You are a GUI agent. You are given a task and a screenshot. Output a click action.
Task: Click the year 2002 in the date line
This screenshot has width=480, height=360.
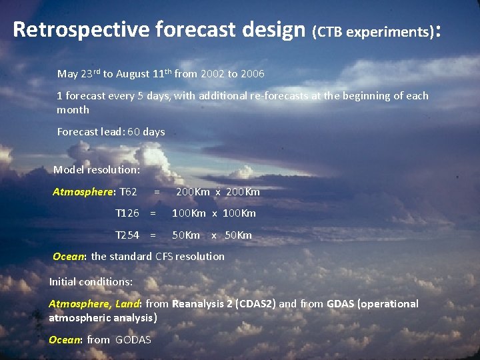211,73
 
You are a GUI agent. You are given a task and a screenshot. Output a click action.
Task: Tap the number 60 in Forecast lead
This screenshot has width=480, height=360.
133,132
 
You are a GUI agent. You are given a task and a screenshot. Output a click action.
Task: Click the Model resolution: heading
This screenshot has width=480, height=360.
96,170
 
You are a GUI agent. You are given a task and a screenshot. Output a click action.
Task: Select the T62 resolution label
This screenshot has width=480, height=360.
128,192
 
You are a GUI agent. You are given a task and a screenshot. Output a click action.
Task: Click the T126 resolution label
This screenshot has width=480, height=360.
127,213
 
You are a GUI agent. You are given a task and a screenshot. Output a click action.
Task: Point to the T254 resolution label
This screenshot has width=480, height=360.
127,235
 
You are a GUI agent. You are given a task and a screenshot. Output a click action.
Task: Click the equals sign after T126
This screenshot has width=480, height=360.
153,213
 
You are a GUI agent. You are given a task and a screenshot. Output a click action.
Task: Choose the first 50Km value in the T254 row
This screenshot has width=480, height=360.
186,235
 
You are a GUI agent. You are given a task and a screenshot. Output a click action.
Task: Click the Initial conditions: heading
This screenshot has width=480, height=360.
91,282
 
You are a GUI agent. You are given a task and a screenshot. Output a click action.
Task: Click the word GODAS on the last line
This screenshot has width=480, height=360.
133,340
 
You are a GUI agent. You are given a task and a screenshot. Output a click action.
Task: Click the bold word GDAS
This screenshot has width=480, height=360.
341,304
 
